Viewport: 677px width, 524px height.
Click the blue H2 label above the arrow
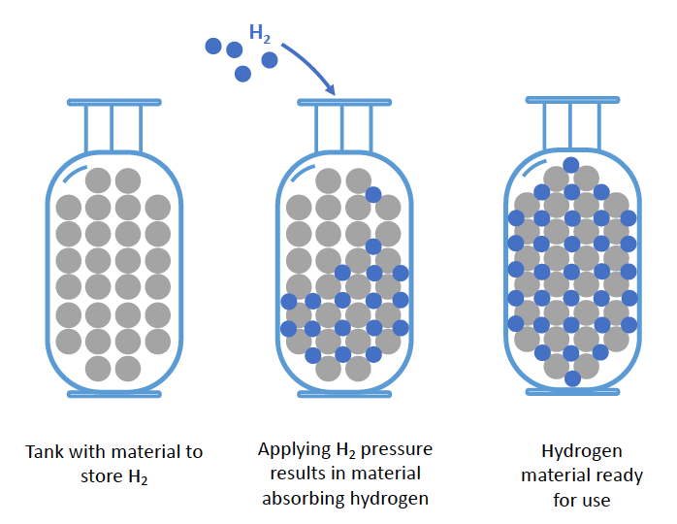[x=260, y=32]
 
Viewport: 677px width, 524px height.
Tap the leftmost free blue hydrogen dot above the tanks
[x=213, y=45]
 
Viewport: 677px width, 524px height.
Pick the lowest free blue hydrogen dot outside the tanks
[x=243, y=73]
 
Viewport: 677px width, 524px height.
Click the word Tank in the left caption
[x=46, y=452]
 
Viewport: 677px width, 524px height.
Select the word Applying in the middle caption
[x=292, y=450]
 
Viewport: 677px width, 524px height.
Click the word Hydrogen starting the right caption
[x=579, y=451]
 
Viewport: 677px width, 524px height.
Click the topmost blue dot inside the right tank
[x=571, y=164]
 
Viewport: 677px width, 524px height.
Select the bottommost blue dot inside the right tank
[x=571, y=377]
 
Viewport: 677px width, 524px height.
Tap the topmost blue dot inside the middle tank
[x=373, y=195]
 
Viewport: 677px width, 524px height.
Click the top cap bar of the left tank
[x=113, y=101]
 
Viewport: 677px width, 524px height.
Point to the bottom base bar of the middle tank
[x=344, y=394]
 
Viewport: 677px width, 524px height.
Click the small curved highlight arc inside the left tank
[x=69, y=176]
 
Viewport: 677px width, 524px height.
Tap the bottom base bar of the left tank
[x=113, y=394]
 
